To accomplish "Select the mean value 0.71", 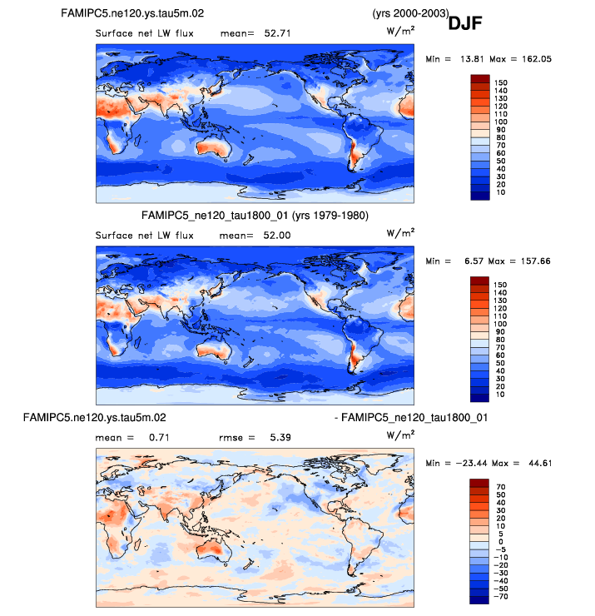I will (154, 437).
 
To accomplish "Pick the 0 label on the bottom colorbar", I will (500, 541).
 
